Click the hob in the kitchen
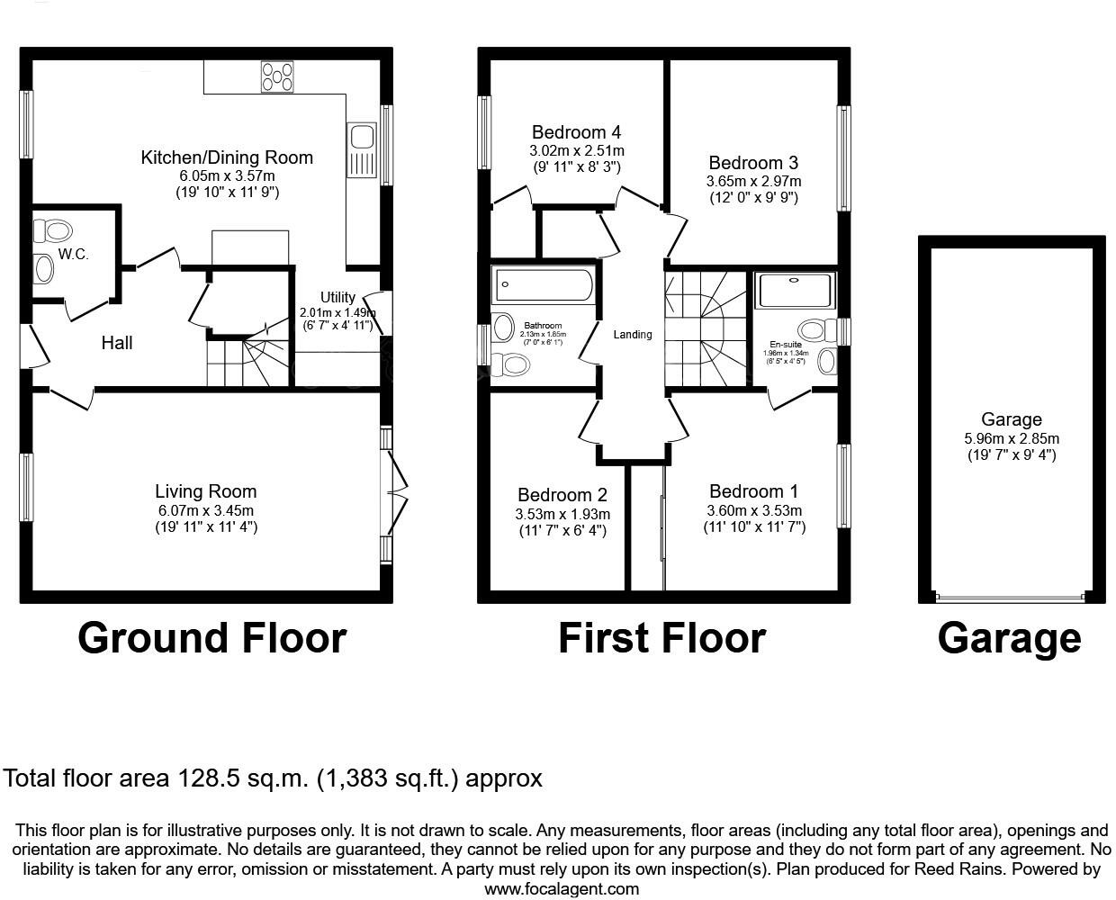[277, 76]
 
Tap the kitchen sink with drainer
[363, 150]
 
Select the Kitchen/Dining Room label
[227, 157]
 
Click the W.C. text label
[74, 255]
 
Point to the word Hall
[117, 343]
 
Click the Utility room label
[337, 297]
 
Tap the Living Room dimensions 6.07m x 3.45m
[206, 510]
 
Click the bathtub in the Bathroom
[543, 285]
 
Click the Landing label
[633, 335]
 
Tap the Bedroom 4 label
[576, 132]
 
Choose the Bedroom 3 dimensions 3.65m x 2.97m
[753, 181]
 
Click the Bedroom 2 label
[562, 495]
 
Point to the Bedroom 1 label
[753, 491]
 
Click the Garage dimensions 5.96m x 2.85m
[1012, 438]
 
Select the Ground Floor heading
[211, 638]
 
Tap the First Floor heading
[661, 638]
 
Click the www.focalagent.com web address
[562, 889]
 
